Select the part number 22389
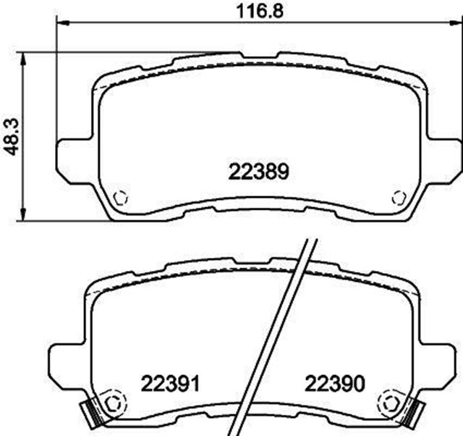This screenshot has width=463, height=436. (x=259, y=172)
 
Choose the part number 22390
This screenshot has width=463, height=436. (x=333, y=382)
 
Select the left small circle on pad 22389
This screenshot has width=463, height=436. (x=122, y=197)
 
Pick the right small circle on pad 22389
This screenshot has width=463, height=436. (x=398, y=197)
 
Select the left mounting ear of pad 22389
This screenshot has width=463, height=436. (x=71, y=155)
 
